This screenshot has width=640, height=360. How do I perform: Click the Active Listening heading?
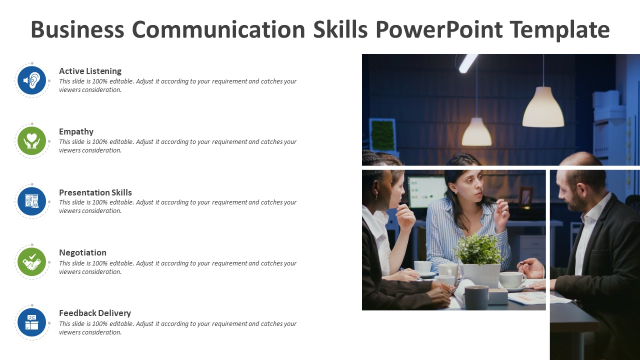tap(90, 71)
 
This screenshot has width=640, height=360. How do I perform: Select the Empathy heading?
tap(76, 131)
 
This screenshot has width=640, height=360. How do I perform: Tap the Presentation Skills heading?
tap(95, 192)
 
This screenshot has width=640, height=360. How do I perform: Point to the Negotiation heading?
tap(82, 252)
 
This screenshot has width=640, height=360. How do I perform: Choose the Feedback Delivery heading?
tap(94, 313)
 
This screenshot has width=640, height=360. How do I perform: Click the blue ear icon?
tap(32, 80)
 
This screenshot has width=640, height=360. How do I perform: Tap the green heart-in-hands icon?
tap(32, 140)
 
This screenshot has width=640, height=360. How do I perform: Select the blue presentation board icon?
tap(32, 201)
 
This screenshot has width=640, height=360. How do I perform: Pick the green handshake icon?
tap(32, 261)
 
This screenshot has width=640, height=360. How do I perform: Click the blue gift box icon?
tap(32, 322)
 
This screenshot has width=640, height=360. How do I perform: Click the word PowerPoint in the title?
tap(439, 30)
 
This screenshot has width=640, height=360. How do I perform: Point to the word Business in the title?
tap(77, 30)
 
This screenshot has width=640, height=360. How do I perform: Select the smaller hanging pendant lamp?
tap(476, 132)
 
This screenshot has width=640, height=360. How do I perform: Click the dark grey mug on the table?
tap(476, 297)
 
